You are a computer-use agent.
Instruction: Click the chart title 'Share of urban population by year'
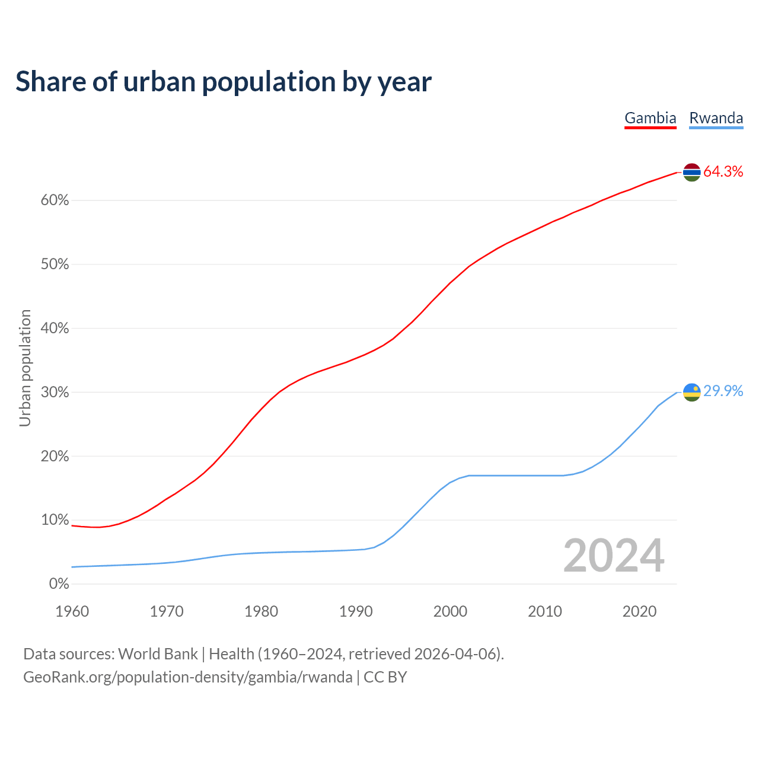[224, 82]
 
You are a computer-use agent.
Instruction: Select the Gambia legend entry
[650, 118]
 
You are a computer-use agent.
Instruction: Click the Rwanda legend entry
[716, 118]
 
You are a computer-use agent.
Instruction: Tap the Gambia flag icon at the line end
[692, 172]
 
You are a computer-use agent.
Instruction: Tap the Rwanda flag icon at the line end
[692, 392]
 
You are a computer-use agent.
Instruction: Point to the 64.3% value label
[723, 172]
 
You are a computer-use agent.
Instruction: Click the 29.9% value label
[723, 391]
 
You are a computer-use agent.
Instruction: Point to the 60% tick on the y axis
[55, 200]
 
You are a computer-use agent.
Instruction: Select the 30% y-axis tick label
[55, 393]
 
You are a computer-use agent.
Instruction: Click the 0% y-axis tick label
[59, 584]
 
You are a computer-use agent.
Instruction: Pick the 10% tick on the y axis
[55, 520]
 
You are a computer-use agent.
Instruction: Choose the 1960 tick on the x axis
[72, 611]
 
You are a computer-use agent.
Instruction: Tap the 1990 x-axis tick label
[356, 611]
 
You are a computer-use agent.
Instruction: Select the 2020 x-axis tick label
[639, 611]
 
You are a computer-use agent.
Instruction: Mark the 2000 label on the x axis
[451, 611]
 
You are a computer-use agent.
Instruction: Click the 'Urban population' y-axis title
[25, 368]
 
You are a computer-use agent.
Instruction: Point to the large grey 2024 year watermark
[614, 556]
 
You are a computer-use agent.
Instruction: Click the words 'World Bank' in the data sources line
[158, 654]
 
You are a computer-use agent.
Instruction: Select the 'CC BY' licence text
[385, 677]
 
